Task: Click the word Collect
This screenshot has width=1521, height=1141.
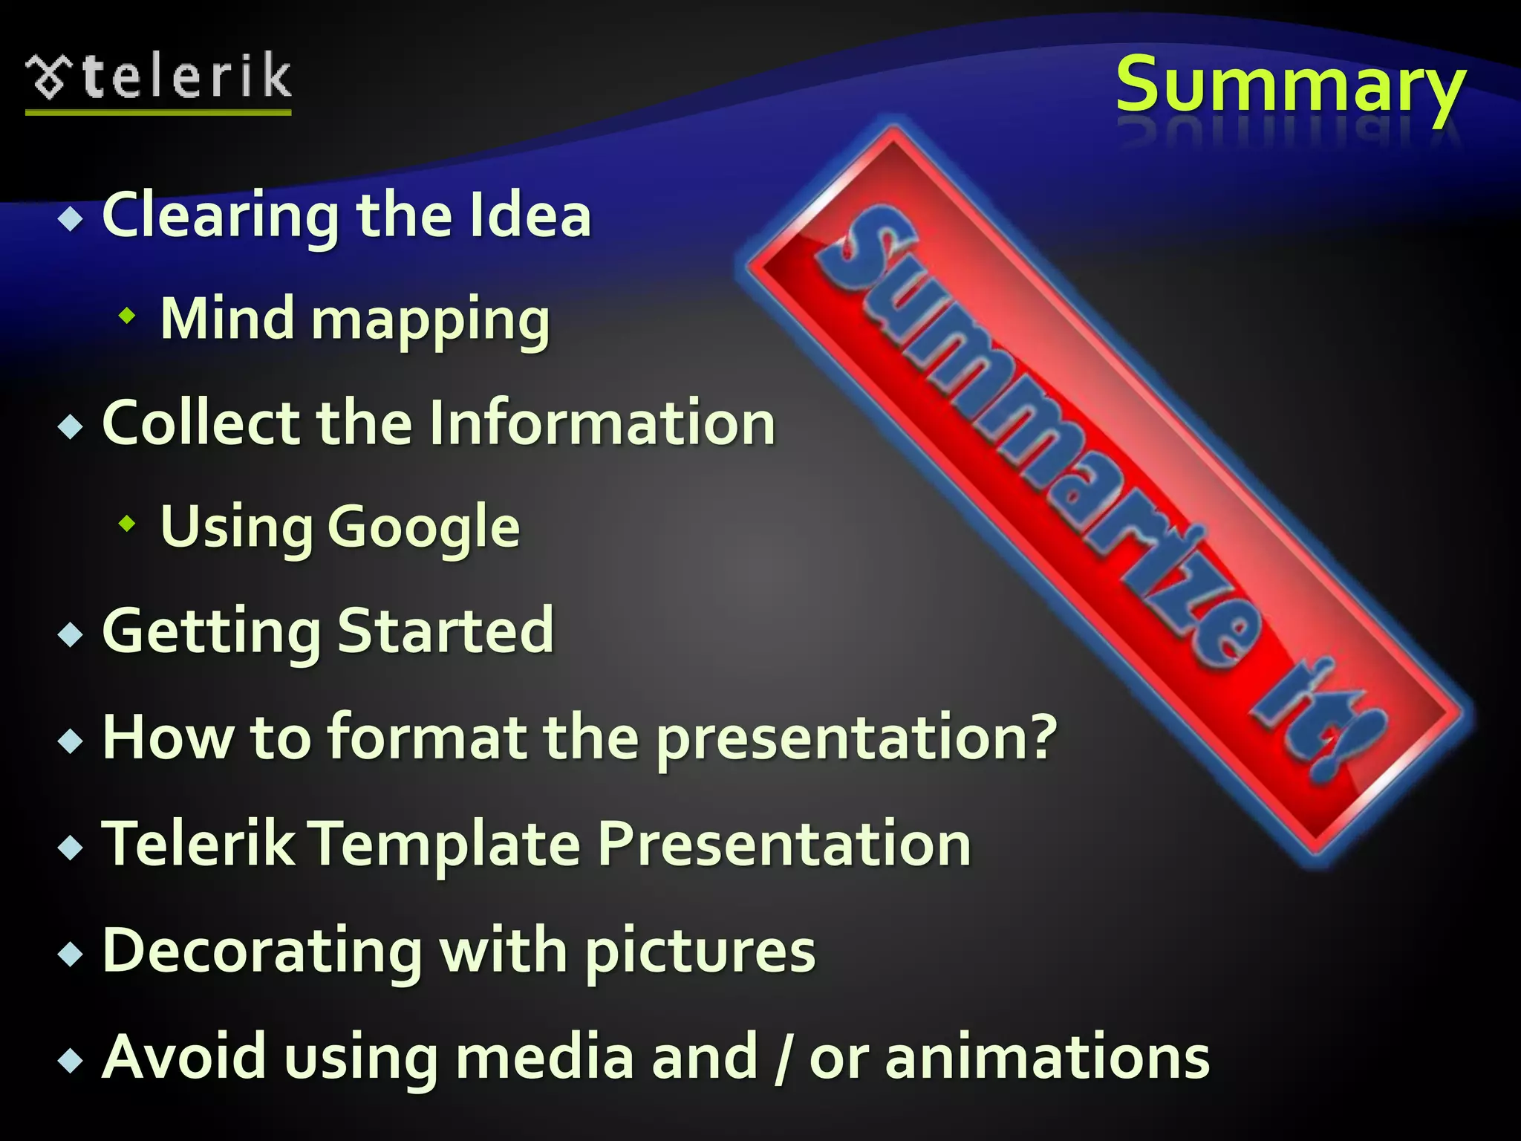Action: (201, 423)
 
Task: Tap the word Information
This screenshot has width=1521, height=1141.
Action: (602, 423)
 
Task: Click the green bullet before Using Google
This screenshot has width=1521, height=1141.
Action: (128, 524)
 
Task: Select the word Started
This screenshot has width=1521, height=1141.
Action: (446, 631)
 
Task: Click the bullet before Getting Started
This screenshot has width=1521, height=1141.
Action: (71, 634)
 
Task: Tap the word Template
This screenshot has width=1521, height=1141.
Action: (445, 845)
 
